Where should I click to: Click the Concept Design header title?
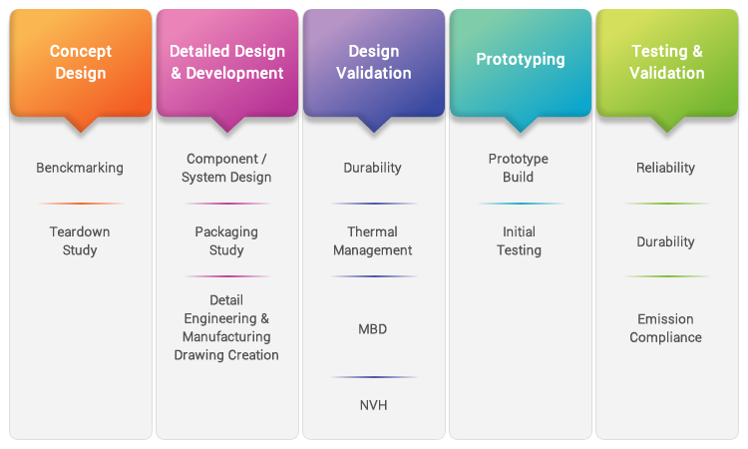click(81, 62)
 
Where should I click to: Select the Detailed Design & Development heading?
click(227, 62)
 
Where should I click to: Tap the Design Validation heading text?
click(374, 62)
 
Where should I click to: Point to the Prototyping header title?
click(521, 59)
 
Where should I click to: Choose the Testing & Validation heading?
click(667, 62)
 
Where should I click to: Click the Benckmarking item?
click(80, 168)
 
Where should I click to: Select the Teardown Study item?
click(80, 240)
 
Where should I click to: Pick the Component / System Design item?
click(226, 168)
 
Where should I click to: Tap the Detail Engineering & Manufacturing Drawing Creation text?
click(226, 327)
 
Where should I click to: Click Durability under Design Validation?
click(373, 168)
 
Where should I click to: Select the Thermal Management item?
click(373, 240)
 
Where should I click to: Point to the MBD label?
click(373, 329)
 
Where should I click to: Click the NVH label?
click(374, 405)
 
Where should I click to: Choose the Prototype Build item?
click(518, 168)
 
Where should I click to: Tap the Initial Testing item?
click(519, 240)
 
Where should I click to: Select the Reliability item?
click(665, 168)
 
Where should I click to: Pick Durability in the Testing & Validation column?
click(665, 241)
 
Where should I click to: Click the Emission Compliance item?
click(665, 328)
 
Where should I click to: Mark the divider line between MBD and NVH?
click(374, 377)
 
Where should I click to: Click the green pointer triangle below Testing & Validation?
click(667, 123)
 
